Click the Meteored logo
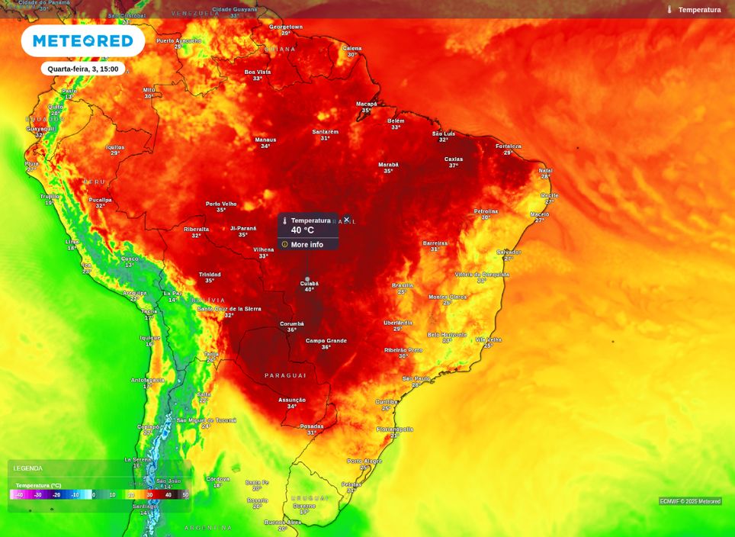pyautogui.click(x=83, y=41)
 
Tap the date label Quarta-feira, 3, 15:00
pyautogui.click(x=83, y=69)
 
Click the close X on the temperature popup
pyautogui.click(x=346, y=220)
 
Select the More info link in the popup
pyautogui.click(x=307, y=245)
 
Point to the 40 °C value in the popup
pyautogui.click(x=302, y=230)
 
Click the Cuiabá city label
pyautogui.click(x=309, y=284)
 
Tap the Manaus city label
pyautogui.click(x=265, y=140)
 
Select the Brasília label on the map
pyautogui.click(x=403, y=285)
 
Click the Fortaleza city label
pyautogui.click(x=509, y=146)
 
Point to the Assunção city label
pyautogui.click(x=292, y=400)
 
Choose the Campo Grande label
pyautogui.click(x=326, y=341)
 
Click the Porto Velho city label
pyautogui.click(x=221, y=204)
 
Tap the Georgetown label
pyautogui.click(x=286, y=27)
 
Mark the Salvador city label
pyautogui.click(x=509, y=252)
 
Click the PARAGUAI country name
pyautogui.click(x=285, y=375)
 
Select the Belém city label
pyautogui.click(x=396, y=121)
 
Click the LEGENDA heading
pyautogui.click(x=28, y=468)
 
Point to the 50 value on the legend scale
pyautogui.click(x=185, y=495)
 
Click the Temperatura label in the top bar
pyautogui.click(x=699, y=10)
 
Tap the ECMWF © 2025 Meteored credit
pyautogui.click(x=690, y=501)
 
